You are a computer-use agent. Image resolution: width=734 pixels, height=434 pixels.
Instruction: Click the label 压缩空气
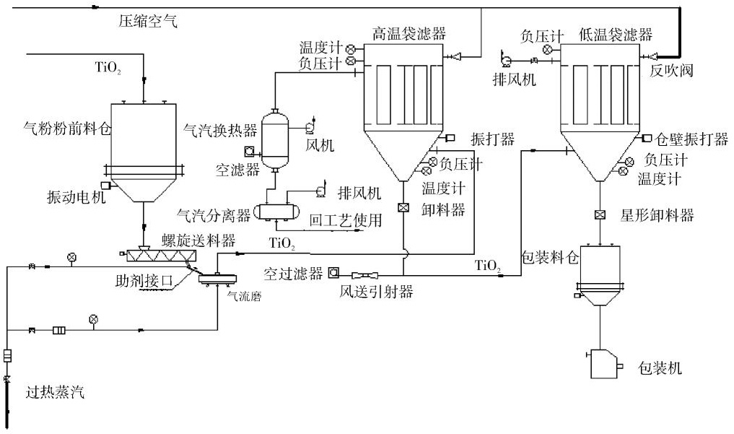tap(147, 22)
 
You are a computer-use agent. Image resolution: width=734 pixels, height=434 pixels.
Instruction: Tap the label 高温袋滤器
tap(409, 33)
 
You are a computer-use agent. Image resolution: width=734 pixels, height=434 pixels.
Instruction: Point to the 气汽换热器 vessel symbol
tap(274, 139)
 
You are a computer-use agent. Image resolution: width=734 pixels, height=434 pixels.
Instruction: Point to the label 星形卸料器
tap(657, 215)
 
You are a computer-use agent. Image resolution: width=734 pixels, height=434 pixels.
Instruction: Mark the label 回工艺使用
tap(345, 221)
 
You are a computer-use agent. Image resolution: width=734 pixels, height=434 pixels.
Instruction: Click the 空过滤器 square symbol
tap(333, 273)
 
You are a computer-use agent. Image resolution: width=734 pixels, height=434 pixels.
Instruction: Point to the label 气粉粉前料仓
tap(66, 130)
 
